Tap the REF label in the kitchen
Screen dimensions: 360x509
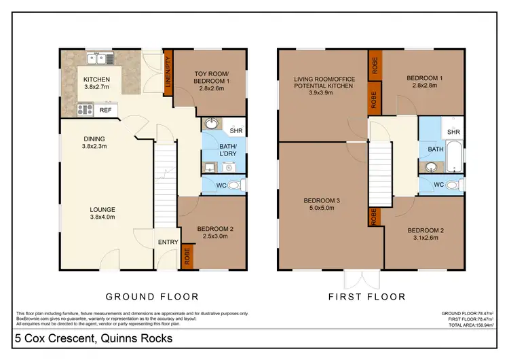coord(105,109)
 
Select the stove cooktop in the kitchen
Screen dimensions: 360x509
coord(86,109)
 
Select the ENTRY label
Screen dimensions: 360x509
coord(167,242)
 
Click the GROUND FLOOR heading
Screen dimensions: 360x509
coord(152,297)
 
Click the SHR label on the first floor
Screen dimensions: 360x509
coord(453,132)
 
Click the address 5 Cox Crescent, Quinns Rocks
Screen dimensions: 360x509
coord(92,338)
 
